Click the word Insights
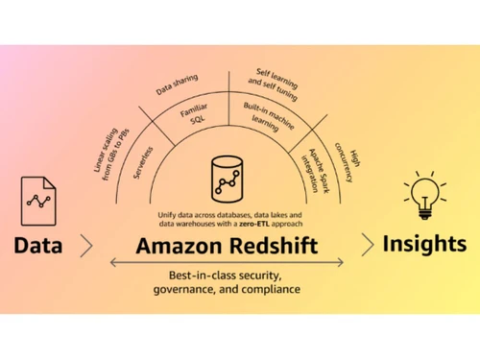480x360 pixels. pos(423,244)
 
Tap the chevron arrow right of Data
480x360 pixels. pos(87,246)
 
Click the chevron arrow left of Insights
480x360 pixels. pos(368,245)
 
